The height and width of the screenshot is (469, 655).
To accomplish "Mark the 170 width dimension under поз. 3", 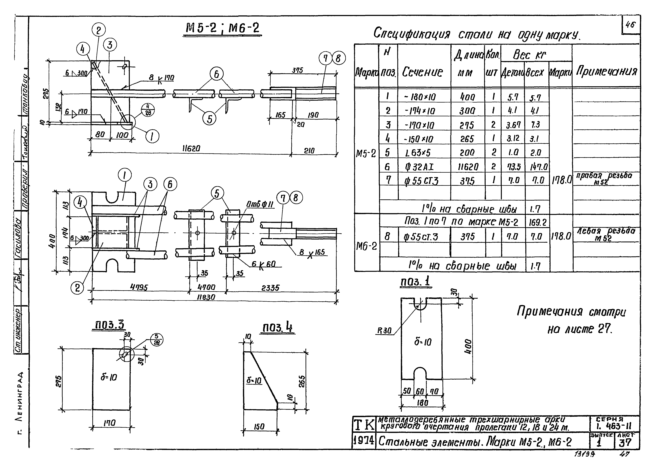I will [110, 423].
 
